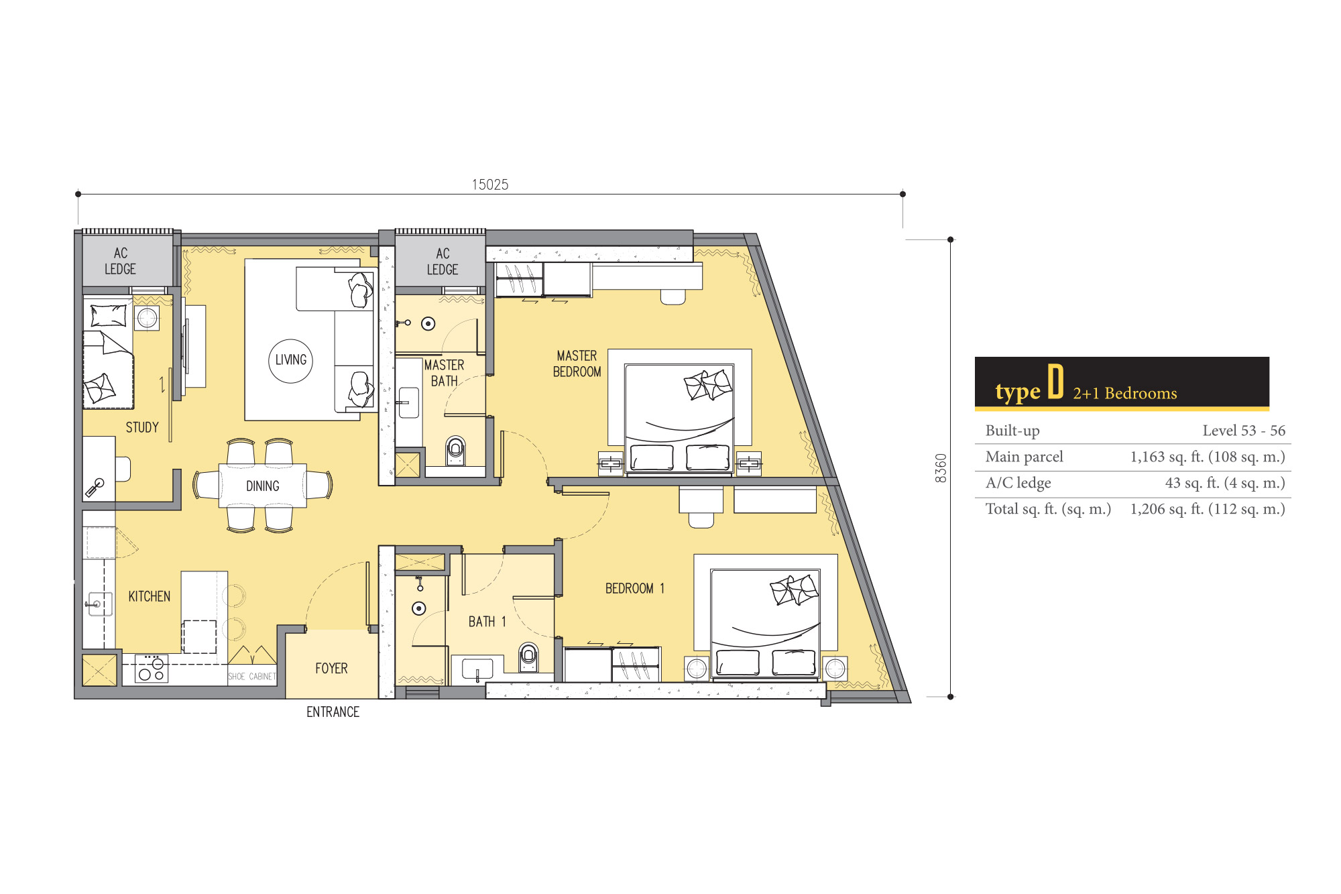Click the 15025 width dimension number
[x=490, y=184]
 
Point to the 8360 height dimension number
[x=941, y=468]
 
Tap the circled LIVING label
[x=290, y=360]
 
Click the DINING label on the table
[x=263, y=486]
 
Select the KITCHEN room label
[x=150, y=596]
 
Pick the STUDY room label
[x=142, y=427]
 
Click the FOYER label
[x=331, y=669]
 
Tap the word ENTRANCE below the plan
[x=333, y=712]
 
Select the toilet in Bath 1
[x=529, y=657]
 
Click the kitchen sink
[x=98, y=604]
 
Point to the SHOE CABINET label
[x=252, y=677]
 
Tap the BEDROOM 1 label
[x=635, y=589]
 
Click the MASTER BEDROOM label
[x=577, y=364]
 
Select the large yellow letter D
[x=1055, y=382]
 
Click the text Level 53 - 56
[x=1244, y=431]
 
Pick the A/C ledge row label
[x=1018, y=483]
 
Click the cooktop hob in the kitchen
[x=152, y=669]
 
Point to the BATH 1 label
[x=487, y=622]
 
